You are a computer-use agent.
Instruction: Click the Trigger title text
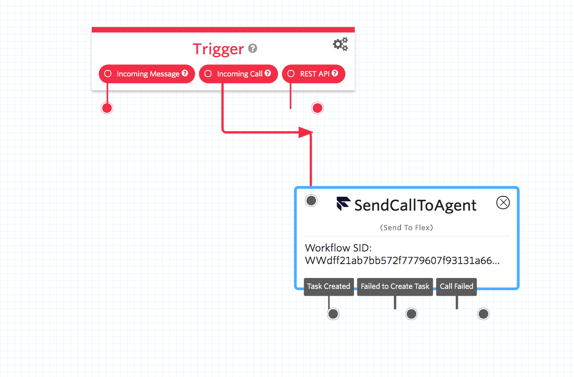point(218,49)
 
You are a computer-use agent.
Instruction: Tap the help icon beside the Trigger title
point(253,48)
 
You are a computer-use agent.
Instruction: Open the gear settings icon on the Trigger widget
point(340,44)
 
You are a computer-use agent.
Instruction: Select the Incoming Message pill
point(147,74)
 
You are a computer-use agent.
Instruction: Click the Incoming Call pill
point(238,74)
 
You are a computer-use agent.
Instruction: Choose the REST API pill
point(314,74)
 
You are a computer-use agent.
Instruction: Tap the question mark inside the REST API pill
point(335,73)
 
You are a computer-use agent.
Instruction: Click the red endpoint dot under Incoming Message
point(107,108)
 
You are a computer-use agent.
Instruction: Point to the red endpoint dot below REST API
point(317,108)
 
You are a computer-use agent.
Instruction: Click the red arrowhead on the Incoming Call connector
point(305,132)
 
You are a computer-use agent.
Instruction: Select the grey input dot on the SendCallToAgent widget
point(311,200)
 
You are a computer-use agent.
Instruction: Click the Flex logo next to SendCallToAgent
point(344,204)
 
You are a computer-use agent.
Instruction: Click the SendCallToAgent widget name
point(415,205)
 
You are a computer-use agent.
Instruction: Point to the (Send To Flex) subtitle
point(407,228)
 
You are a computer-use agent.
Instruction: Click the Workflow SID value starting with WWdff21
point(402,261)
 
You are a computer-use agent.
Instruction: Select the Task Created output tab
point(329,287)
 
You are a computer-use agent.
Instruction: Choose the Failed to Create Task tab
point(395,287)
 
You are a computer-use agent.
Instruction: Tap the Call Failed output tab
point(456,287)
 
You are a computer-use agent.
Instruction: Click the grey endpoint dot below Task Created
point(333,314)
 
